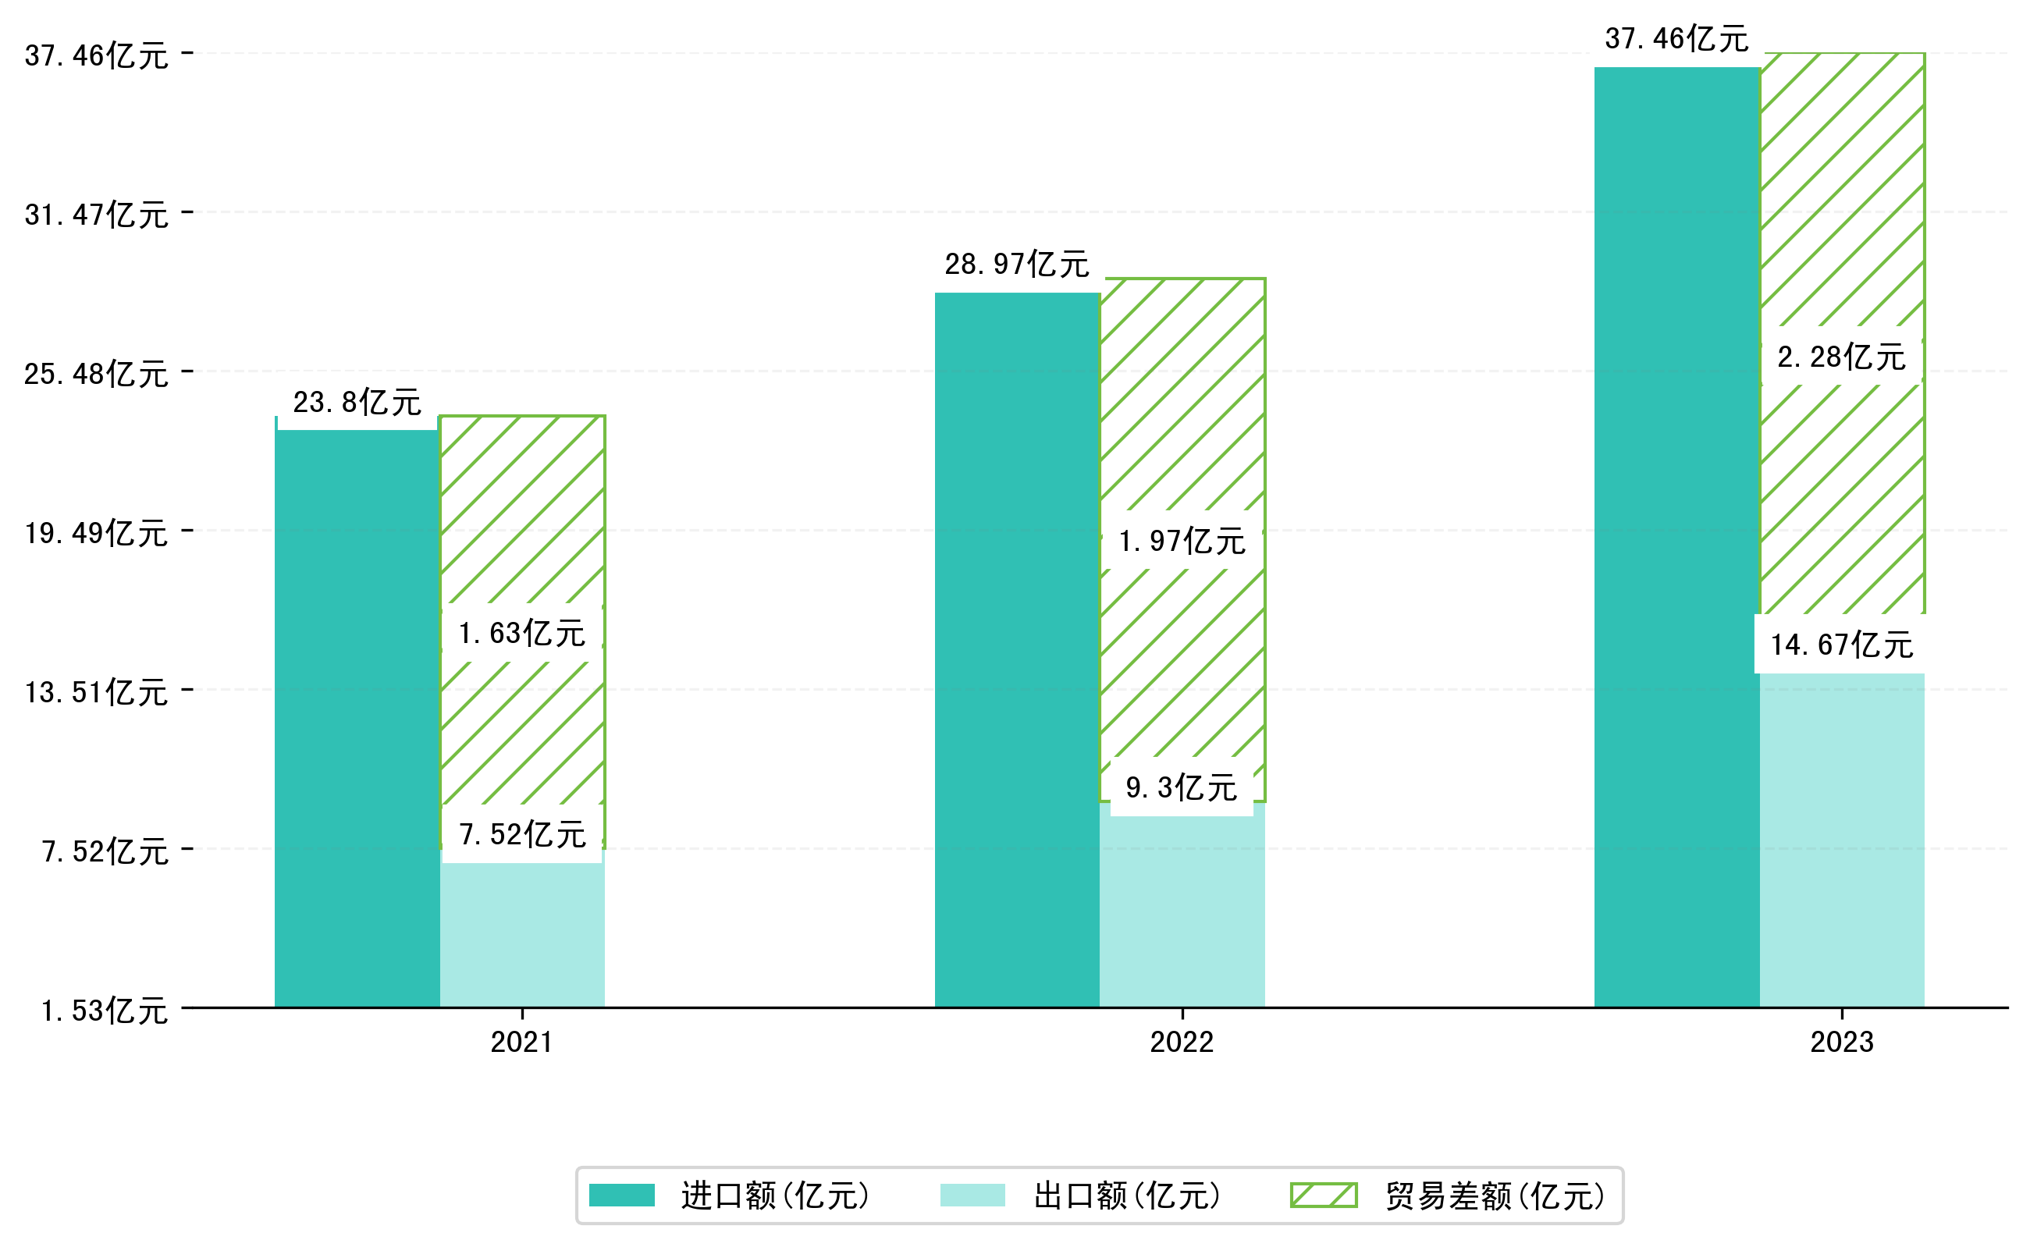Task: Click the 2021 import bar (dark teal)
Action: click(x=357, y=717)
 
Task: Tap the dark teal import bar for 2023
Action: click(x=1676, y=536)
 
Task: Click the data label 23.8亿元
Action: click(x=357, y=403)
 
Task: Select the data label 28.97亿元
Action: click(x=1016, y=265)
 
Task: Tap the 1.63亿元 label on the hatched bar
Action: click(x=522, y=634)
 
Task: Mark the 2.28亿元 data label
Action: click(x=1841, y=357)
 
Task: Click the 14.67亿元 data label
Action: click(x=1841, y=645)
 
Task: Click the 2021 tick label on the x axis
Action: click(x=521, y=1043)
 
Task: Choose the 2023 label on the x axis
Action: click(x=1841, y=1043)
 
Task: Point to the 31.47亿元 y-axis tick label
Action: click(x=97, y=215)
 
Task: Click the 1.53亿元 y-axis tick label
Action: click(x=105, y=1011)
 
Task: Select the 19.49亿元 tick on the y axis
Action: click(x=97, y=534)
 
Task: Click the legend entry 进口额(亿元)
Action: click(x=774, y=1195)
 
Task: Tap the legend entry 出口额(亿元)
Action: click(x=1126, y=1195)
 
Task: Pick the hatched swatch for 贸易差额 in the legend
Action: click(x=1323, y=1195)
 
